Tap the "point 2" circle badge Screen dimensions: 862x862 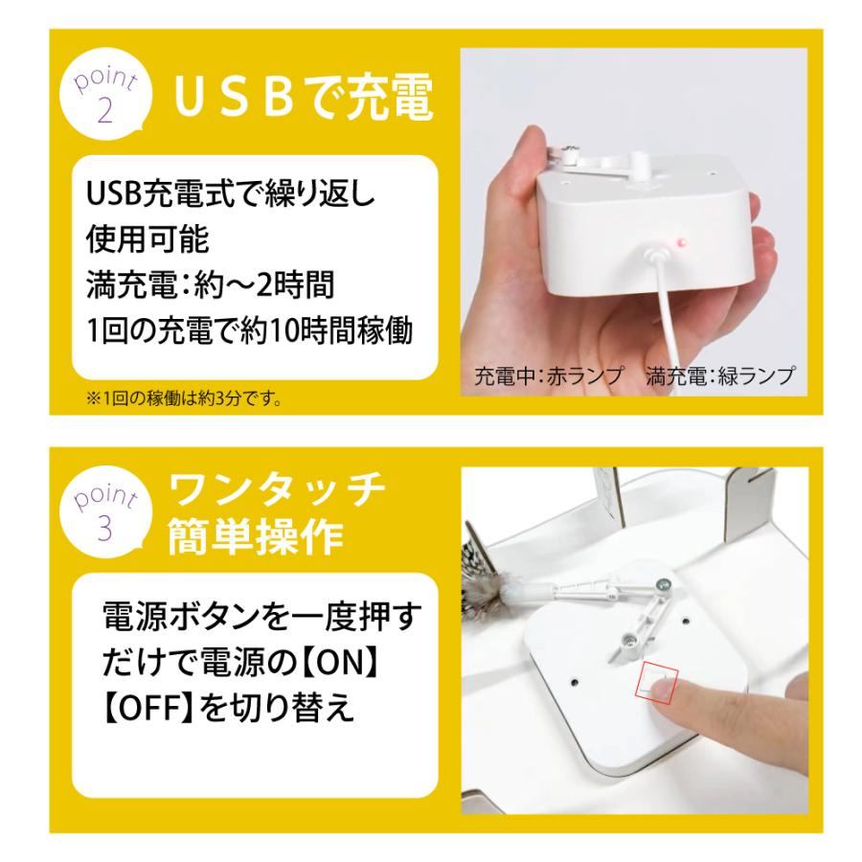tap(105, 97)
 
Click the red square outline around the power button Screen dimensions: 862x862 tap(658, 681)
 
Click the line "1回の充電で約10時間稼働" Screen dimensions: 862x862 tap(248, 332)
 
